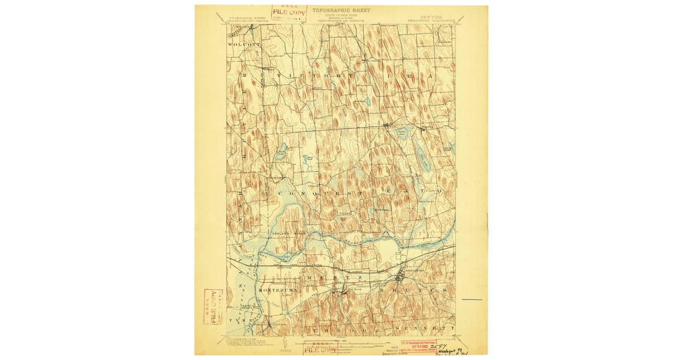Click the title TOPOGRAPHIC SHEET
tap(341, 10)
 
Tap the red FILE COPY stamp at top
tap(289, 13)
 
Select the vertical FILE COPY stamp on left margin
tap(213, 306)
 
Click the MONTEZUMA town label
tap(276, 290)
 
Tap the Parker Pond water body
tap(402, 133)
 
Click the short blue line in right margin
tap(472, 299)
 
